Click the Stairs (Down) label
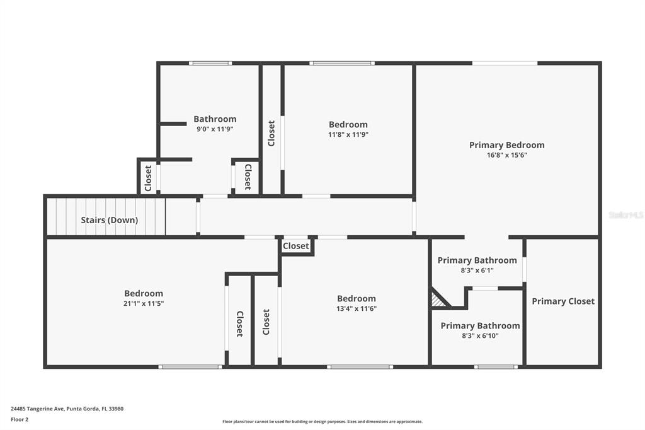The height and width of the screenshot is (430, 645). point(110,220)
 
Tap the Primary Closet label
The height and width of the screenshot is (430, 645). point(563,301)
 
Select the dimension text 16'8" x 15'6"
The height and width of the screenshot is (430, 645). point(507,155)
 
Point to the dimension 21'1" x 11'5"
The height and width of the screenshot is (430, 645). point(144,303)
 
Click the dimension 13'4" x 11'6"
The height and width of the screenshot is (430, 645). point(357,308)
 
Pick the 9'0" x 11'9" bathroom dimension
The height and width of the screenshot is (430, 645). point(215,129)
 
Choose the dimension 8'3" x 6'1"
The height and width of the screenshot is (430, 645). point(477,270)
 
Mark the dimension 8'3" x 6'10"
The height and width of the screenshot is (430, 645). point(480,335)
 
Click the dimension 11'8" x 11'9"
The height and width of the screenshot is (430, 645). point(348,135)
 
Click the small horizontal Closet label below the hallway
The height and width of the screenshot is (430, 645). point(296,246)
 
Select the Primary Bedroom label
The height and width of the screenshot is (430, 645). point(507,145)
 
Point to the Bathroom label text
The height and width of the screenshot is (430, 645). point(215,119)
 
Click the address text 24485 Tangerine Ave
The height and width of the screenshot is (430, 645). point(37,409)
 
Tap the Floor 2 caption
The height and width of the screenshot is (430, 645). point(20,420)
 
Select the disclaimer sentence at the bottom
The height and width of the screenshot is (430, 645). point(322,421)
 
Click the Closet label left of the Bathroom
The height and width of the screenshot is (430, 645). point(148,178)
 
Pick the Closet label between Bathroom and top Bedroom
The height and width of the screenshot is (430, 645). point(271,133)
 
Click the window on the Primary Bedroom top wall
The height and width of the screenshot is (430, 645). point(505,64)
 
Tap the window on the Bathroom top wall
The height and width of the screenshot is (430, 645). point(210,64)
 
